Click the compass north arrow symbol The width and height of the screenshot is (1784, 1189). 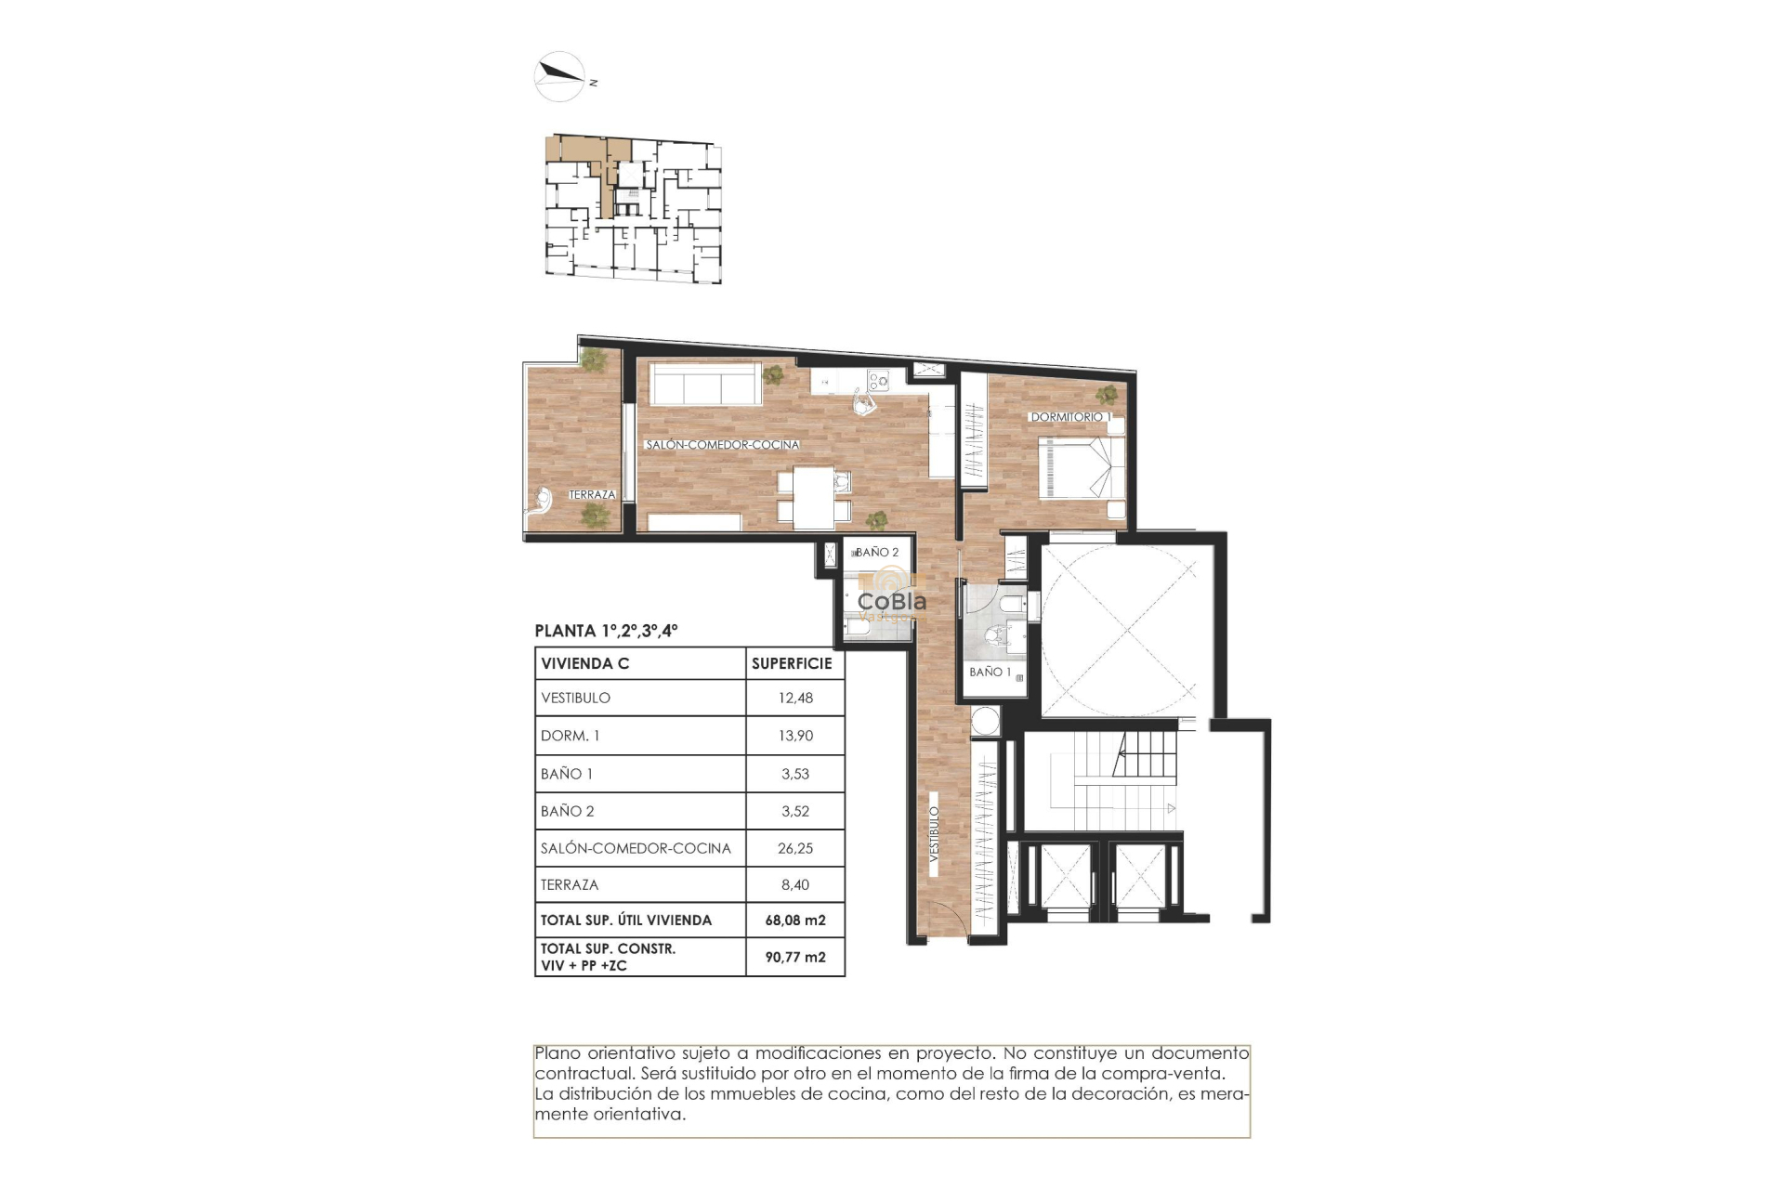coord(559,75)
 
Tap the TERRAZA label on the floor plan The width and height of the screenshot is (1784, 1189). coord(592,494)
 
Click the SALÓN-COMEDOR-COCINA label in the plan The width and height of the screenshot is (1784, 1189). coord(722,445)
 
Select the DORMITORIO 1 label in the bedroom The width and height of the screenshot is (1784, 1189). coord(1069,417)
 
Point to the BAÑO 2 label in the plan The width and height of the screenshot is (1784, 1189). coord(876,552)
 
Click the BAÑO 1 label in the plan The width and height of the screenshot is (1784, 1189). coord(990,672)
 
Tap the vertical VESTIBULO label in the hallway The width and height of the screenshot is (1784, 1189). coord(934,833)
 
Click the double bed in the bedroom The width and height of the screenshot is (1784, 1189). coord(1078,467)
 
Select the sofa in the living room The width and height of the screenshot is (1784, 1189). coord(704,384)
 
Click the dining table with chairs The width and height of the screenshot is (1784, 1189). coord(814,498)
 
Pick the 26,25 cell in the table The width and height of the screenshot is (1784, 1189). coord(795,848)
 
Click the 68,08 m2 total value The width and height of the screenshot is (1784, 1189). coord(795,920)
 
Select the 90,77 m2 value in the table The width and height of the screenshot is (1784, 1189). coord(795,957)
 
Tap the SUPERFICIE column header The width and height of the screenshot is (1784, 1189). coord(792,663)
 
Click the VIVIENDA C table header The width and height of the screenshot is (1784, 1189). coord(585,663)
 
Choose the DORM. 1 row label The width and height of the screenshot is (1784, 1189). coord(571,736)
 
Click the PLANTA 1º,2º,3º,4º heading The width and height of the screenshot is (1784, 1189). coord(606,631)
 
